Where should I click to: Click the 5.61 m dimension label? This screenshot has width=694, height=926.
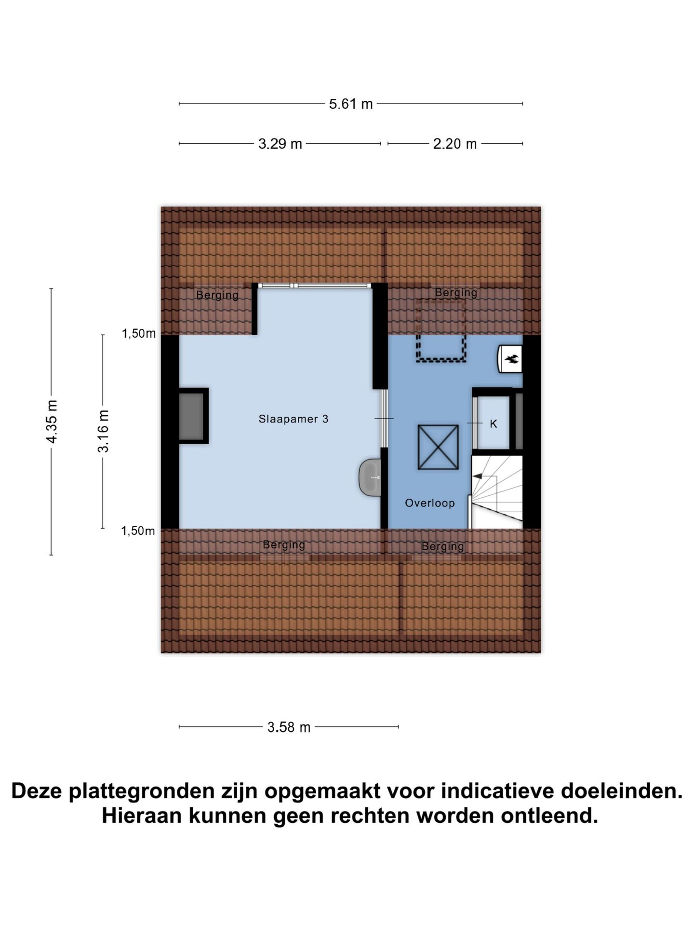click(350, 104)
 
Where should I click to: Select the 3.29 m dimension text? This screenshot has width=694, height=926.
click(280, 144)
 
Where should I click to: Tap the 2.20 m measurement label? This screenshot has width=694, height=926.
click(454, 144)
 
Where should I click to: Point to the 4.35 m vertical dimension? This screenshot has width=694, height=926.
click(52, 421)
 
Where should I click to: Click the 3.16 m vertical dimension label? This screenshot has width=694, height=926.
click(103, 431)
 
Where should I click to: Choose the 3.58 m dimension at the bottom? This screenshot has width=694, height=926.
click(289, 727)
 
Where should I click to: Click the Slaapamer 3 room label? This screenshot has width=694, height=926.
click(294, 419)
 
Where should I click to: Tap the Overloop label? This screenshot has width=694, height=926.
click(429, 503)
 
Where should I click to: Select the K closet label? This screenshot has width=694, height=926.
click(493, 423)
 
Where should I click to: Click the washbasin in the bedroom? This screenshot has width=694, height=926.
click(371, 477)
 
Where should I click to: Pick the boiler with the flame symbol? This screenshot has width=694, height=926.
click(510, 359)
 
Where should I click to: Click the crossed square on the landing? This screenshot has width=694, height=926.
click(438, 447)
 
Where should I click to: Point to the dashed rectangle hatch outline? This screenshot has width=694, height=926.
click(441, 330)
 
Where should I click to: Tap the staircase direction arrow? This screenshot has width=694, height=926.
click(478, 477)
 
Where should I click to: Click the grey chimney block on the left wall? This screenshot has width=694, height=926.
click(191, 416)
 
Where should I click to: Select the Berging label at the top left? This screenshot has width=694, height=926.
click(217, 295)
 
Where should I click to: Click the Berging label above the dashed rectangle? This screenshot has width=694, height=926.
click(455, 292)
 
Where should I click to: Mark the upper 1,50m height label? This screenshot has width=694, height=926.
click(138, 333)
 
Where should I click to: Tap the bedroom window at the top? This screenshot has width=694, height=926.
click(314, 286)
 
